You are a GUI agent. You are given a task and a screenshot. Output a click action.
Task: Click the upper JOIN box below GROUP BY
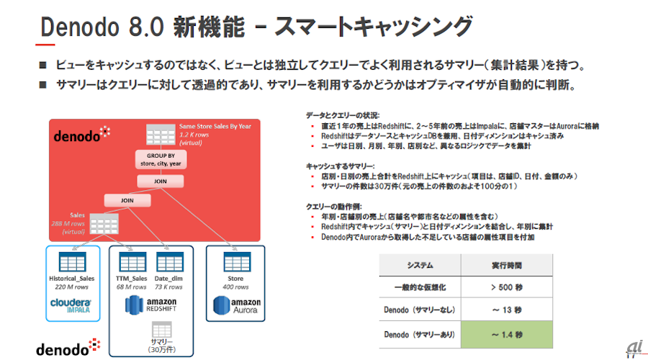(161, 181)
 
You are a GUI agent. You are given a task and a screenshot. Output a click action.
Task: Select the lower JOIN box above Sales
(126, 200)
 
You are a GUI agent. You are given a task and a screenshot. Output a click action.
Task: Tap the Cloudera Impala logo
(71, 306)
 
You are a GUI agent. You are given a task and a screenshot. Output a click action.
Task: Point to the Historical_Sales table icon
(71, 261)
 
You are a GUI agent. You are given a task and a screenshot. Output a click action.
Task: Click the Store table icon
(235, 261)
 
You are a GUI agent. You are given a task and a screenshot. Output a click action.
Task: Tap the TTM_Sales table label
(132, 279)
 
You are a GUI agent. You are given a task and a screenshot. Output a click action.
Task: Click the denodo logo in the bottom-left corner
(63, 348)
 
